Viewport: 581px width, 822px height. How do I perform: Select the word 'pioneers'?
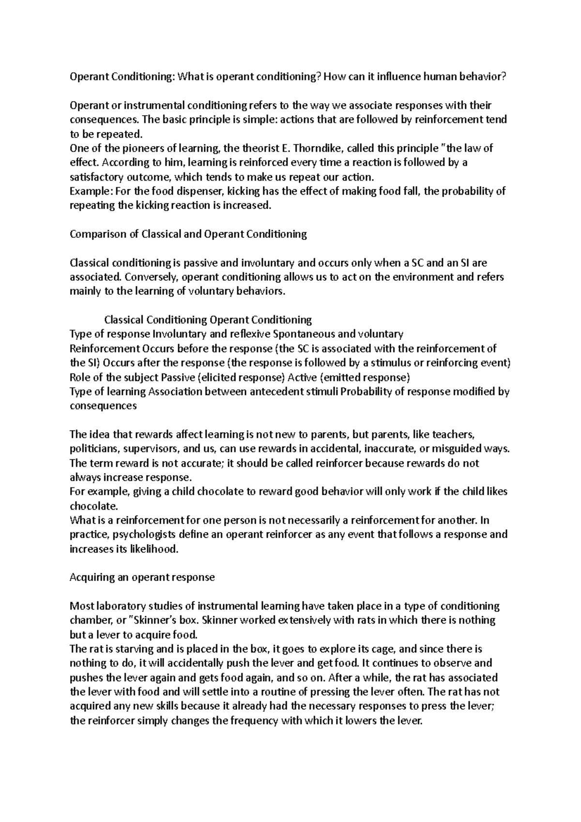point(120,148)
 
